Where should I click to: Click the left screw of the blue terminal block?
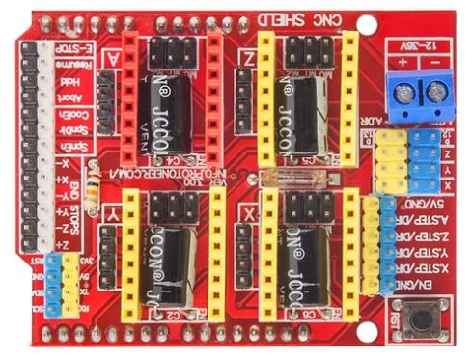(x=399, y=92)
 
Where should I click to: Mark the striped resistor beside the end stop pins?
(x=92, y=187)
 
